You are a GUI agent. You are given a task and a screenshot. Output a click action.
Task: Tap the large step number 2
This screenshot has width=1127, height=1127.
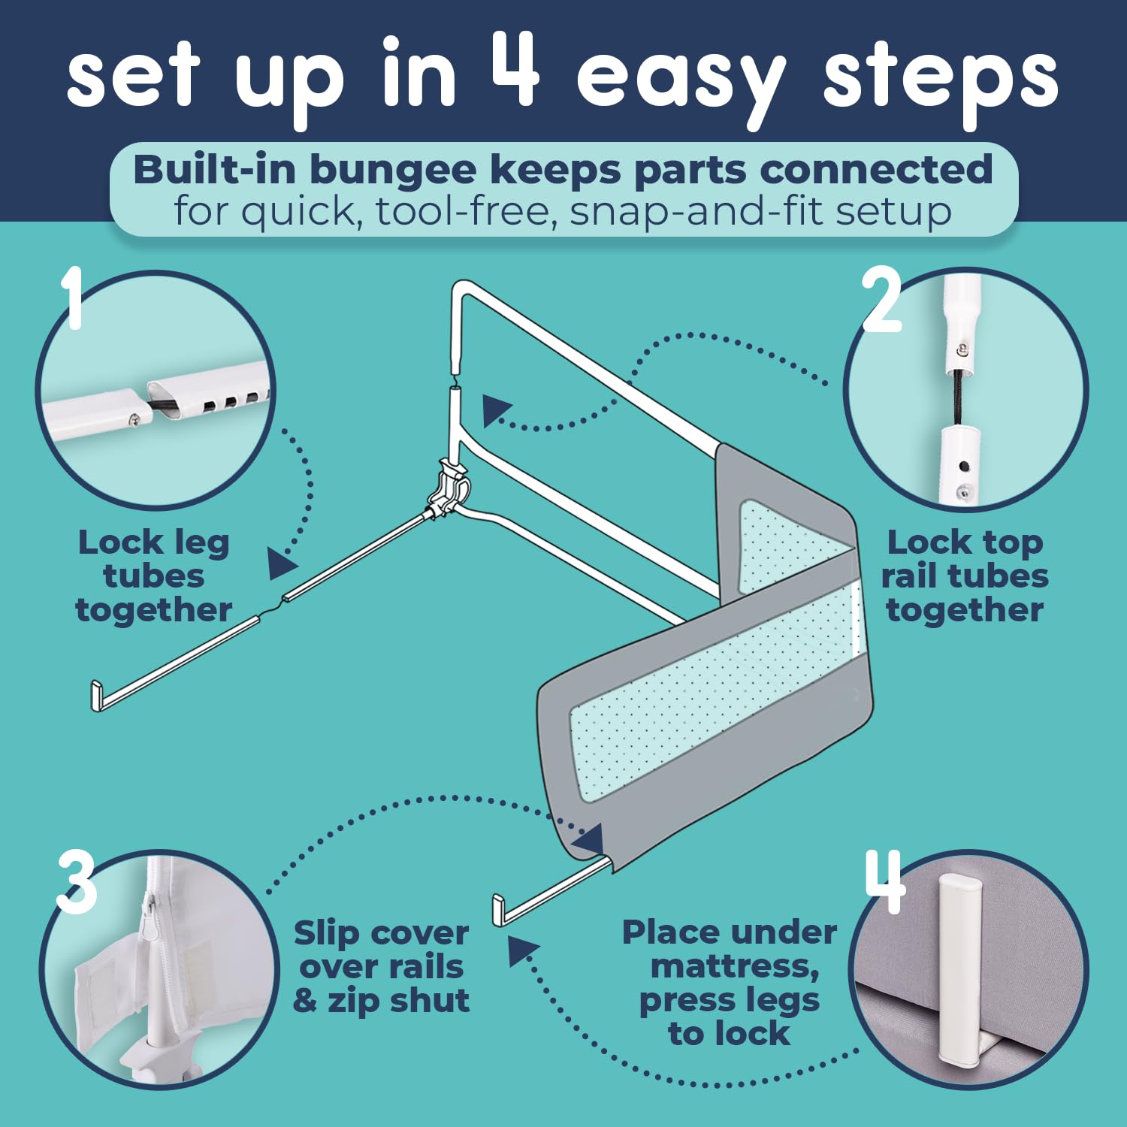coord(881,300)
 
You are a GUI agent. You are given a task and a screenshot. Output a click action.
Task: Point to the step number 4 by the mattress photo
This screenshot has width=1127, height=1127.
coord(885,881)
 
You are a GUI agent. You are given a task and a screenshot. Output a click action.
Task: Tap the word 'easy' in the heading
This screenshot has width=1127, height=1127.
coord(681,83)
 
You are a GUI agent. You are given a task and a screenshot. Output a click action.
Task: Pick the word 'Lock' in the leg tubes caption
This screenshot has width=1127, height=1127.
coord(121,542)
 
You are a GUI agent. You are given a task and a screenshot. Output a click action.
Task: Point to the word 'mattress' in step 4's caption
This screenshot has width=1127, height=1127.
coord(734,968)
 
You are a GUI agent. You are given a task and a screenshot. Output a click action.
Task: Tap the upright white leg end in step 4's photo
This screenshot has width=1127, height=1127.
coord(957,969)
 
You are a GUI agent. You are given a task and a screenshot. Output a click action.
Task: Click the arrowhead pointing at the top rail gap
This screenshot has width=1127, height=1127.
coord(497,411)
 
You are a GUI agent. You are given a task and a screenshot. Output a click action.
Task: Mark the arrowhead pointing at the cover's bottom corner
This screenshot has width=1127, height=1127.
coord(591,838)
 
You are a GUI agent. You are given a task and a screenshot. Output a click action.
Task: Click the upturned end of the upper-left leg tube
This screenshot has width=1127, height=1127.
coord(96,696)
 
